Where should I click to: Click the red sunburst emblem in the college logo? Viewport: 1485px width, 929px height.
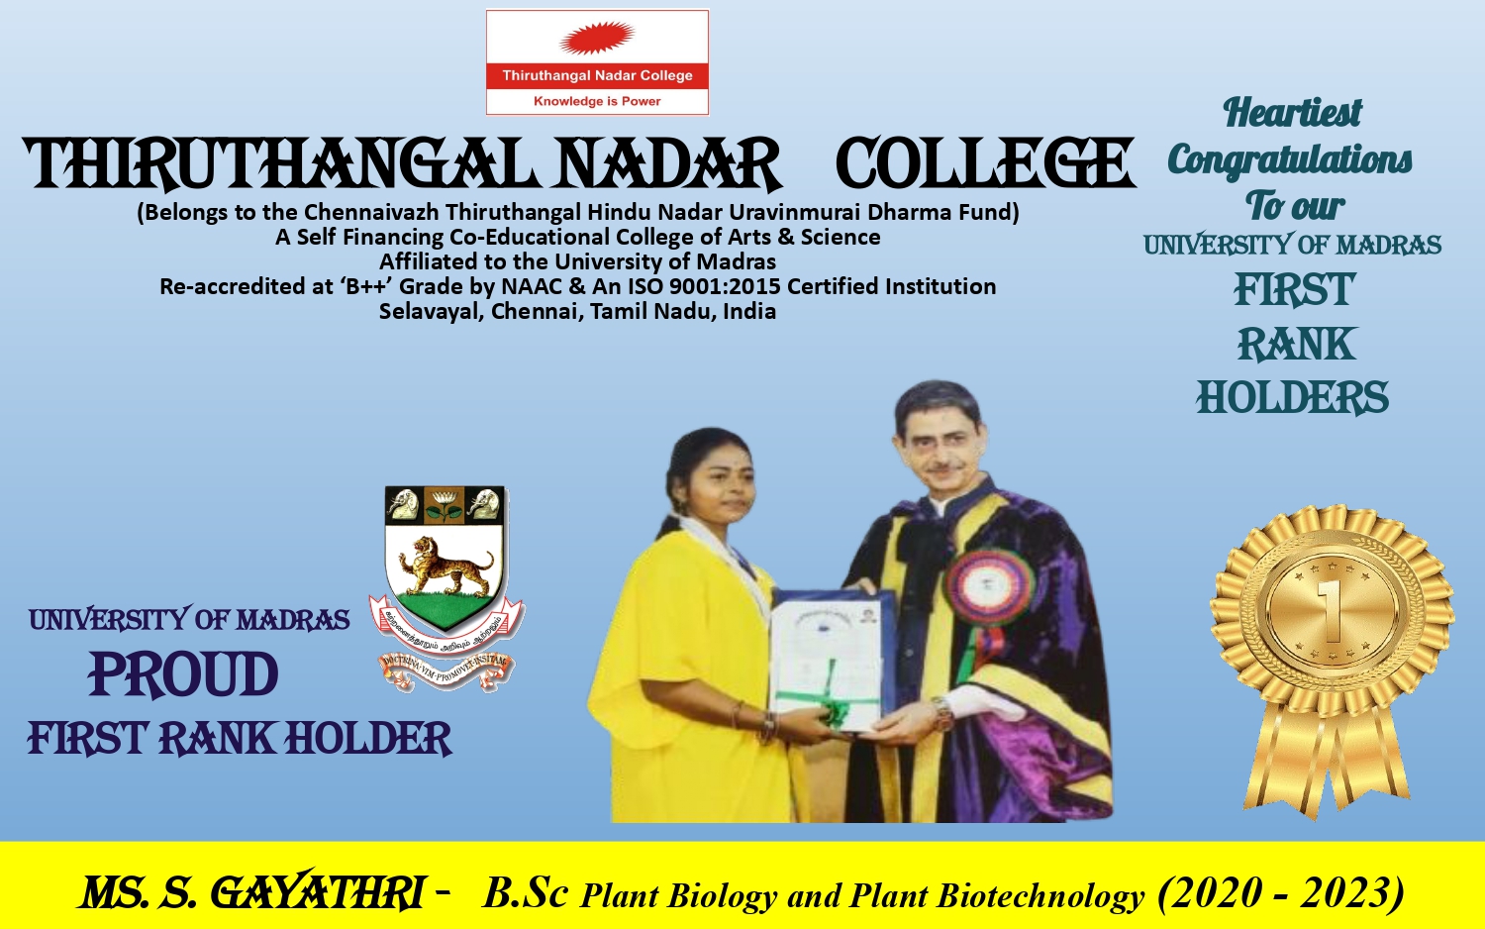point(596,39)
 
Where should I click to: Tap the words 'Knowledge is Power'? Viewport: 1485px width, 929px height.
point(597,101)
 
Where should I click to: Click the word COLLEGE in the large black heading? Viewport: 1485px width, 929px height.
point(984,164)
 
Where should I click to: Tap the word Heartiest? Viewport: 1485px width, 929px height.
point(1292,113)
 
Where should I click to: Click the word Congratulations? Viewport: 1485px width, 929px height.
point(1290,159)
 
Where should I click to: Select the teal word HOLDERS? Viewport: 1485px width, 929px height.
point(1292,398)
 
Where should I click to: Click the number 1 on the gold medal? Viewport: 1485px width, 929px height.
point(1332,611)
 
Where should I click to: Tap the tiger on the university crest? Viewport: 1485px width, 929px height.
point(445,566)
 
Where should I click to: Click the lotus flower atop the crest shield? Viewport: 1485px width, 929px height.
point(445,505)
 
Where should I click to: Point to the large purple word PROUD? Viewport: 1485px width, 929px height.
point(183,675)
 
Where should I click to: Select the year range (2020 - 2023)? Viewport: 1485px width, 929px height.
point(1280,892)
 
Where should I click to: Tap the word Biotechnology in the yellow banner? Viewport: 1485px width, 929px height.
point(1040,896)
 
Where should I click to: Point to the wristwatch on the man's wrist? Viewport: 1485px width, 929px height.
point(941,710)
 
